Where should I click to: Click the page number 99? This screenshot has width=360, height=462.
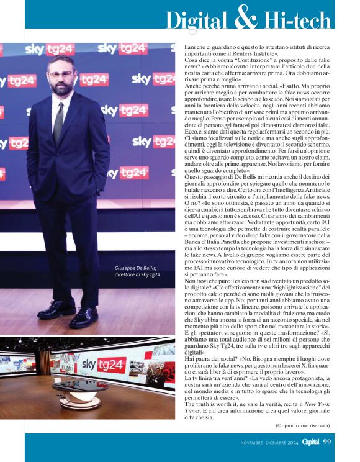point(327,442)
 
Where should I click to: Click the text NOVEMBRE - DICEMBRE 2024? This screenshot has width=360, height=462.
point(268,442)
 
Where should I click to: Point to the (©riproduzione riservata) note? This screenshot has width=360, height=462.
point(302,425)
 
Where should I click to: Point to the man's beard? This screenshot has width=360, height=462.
point(61,88)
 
